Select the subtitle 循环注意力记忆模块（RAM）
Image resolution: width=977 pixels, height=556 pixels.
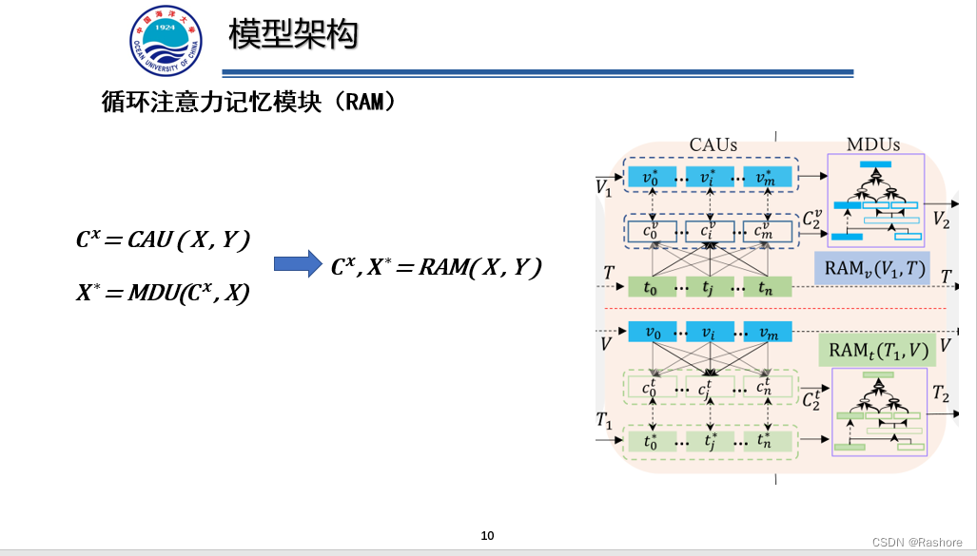tap(247, 103)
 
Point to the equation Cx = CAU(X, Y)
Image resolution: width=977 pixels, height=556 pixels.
tap(163, 240)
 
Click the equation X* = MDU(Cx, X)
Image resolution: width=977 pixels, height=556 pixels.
tap(163, 294)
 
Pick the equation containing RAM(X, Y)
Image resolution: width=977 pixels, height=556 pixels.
tap(436, 268)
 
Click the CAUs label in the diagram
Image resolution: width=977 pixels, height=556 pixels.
tap(713, 145)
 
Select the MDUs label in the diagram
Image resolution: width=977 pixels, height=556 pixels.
tap(873, 145)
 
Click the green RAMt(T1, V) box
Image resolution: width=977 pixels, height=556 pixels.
tap(876, 349)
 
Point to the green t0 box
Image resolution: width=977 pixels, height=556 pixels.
tap(650, 286)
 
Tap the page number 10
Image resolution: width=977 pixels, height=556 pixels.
tap(488, 536)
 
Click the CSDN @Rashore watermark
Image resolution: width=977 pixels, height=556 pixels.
tap(919, 540)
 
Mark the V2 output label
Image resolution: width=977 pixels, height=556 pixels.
tap(942, 220)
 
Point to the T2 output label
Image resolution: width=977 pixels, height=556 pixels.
tap(941, 393)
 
